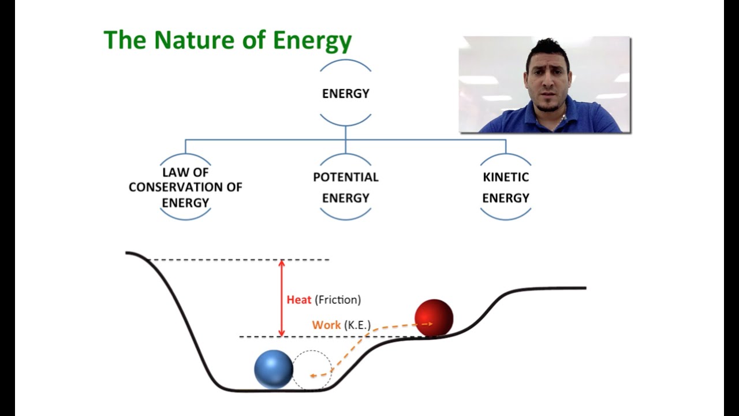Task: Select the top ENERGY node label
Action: pyautogui.click(x=345, y=94)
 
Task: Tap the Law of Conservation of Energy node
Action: pyautogui.click(x=185, y=187)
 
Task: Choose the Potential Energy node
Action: pyautogui.click(x=345, y=187)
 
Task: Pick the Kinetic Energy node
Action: pyautogui.click(x=506, y=187)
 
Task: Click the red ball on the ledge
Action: pyautogui.click(x=434, y=317)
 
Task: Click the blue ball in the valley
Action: pyautogui.click(x=274, y=369)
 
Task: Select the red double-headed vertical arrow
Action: pyautogui.click(x=282, y=298)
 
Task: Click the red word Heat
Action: pyautogui.click(x=299, y=300)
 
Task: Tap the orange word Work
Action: pyautogui.click(x=326, y=325)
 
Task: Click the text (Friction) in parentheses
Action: pyautogui.click(x=338, y=300)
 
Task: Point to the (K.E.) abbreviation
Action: pyautogui.click(x=357, y=325)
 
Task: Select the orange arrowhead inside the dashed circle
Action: pyautogui.click(x=313, y=376)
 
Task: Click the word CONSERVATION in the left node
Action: pyautogui.click(x=185, y=187)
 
